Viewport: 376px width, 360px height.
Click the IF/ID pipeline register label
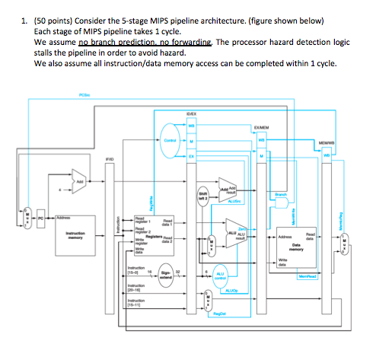112,159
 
